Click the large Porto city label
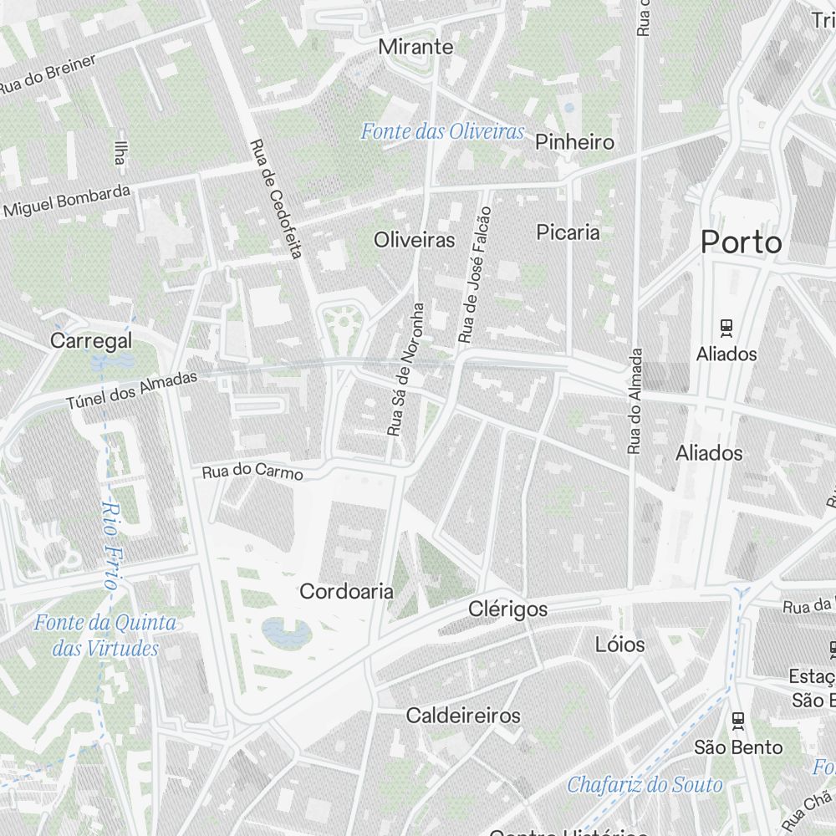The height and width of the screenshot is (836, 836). pyautogui.click(x=742, y=242)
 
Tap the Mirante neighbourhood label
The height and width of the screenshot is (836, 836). pyautogui.click(x=415, y=47)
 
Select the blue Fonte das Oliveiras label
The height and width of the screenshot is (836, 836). pyautogui.click(x=442, y=131)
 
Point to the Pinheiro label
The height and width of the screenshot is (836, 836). pyautogui.click(x=575, y=142)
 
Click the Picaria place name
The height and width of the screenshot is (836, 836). pyautogui.click(x=568, y=232)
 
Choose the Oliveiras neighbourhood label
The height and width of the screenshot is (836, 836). pyautogui.click(x=415, y=240)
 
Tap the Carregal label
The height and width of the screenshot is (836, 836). pyautogui.click(x=91, y=340)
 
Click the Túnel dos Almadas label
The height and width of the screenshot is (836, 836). pyautogui.click(x=132, y=390)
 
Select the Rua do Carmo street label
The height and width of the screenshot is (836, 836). pyautogui.click(x=252, y=472)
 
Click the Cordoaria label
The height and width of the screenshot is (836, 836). pyautogui.click(x=346, y=591)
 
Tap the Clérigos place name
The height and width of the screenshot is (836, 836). pyautogui.click(x=508, y=609)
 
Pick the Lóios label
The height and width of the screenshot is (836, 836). pyautogui.click(x=620, y=644)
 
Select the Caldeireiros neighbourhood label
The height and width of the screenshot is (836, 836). pyautogui.click(x=463, y=716)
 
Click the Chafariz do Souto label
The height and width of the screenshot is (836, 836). pyautogui.click(x=645, y=785)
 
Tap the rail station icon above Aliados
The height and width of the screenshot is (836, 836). pyautogui.click(x=726, y=328)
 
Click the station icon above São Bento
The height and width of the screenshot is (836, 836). pyautogui.click(x=737, y=720)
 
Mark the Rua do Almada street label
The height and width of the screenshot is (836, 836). pyautogui.click(x=636, y=401)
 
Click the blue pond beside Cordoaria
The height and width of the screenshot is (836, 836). pyautogui.click(x=278, y=631)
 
